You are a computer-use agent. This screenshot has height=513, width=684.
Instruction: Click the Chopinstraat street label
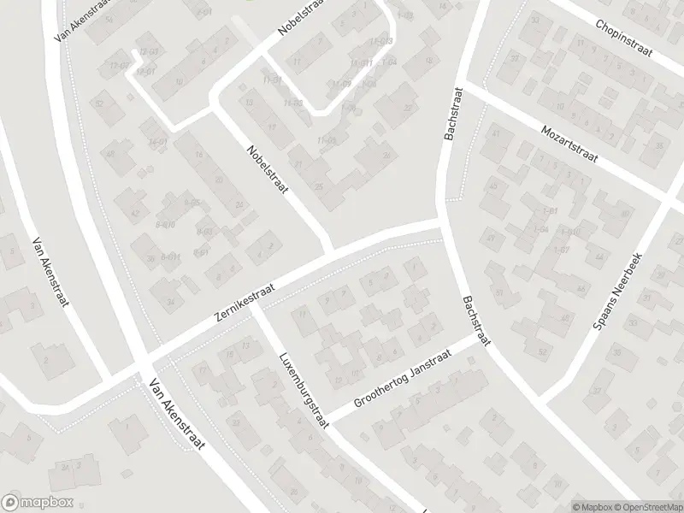click(x=624, y=39)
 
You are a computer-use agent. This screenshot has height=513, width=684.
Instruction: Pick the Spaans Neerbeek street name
click(x=622, y=291)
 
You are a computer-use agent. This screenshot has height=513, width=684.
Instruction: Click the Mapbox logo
click(x=37, y=503)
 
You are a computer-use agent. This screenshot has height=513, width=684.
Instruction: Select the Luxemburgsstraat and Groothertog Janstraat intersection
click(x=327, y=419)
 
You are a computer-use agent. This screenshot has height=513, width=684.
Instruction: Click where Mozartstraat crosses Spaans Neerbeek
click(x=669, y=196)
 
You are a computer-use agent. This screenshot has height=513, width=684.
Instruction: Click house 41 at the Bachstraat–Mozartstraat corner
click(x=495, y=133)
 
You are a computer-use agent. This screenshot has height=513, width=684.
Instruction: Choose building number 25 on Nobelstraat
click(x=319, y=186)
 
